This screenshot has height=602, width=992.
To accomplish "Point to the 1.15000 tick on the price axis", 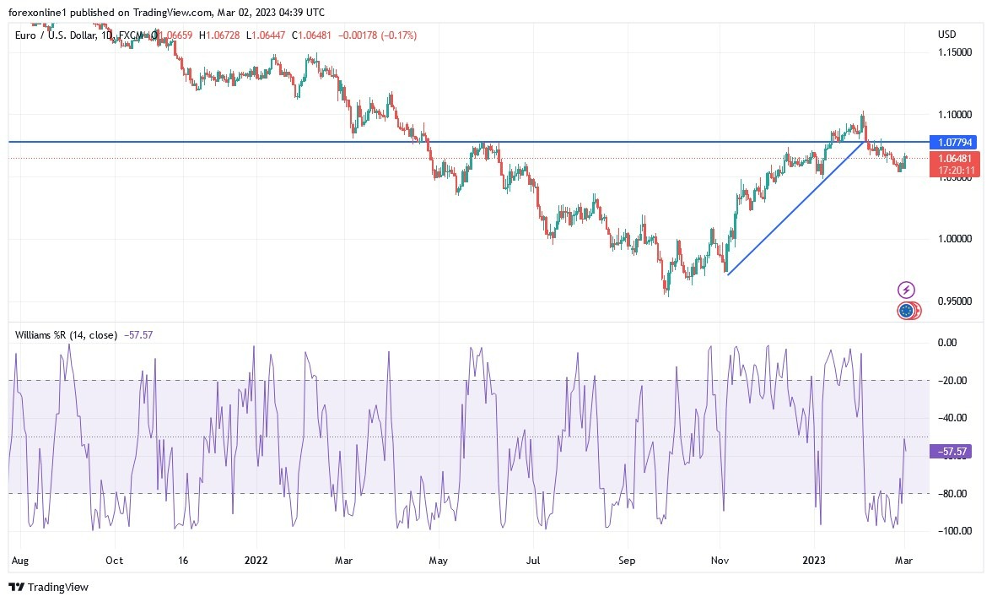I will click(957, 52).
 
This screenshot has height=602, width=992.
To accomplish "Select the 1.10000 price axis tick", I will click(957, 114).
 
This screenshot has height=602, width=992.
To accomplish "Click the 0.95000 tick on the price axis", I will click(957, 301).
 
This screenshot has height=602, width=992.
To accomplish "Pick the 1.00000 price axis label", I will click(957, 239).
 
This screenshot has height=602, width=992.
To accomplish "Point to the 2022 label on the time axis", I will click(256, 560).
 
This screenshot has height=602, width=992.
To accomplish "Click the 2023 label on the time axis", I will click(815, 560).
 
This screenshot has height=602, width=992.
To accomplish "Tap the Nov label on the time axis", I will click(720, 560).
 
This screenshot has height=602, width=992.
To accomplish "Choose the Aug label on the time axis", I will click(20, 560).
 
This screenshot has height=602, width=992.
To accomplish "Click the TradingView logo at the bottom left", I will click(49, 587).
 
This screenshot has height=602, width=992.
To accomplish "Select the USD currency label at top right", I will click(946, 34).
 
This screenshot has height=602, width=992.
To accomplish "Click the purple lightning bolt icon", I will click(906, 290).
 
